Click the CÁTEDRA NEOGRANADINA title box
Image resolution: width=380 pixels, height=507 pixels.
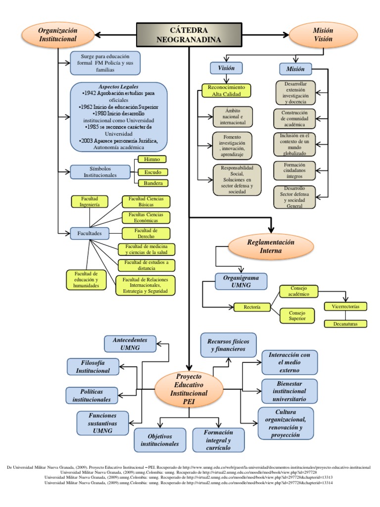190,35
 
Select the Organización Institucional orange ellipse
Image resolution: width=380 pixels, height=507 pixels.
58,35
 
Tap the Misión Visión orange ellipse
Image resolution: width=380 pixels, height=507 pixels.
323,35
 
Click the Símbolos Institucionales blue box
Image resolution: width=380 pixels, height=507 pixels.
100,172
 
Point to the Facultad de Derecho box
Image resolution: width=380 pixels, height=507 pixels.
146,234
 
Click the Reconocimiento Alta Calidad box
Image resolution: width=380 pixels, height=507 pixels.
226,91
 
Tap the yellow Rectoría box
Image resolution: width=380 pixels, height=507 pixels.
252,307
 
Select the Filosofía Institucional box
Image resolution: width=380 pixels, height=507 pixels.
93,366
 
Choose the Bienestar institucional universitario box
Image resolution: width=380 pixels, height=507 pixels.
289,391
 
